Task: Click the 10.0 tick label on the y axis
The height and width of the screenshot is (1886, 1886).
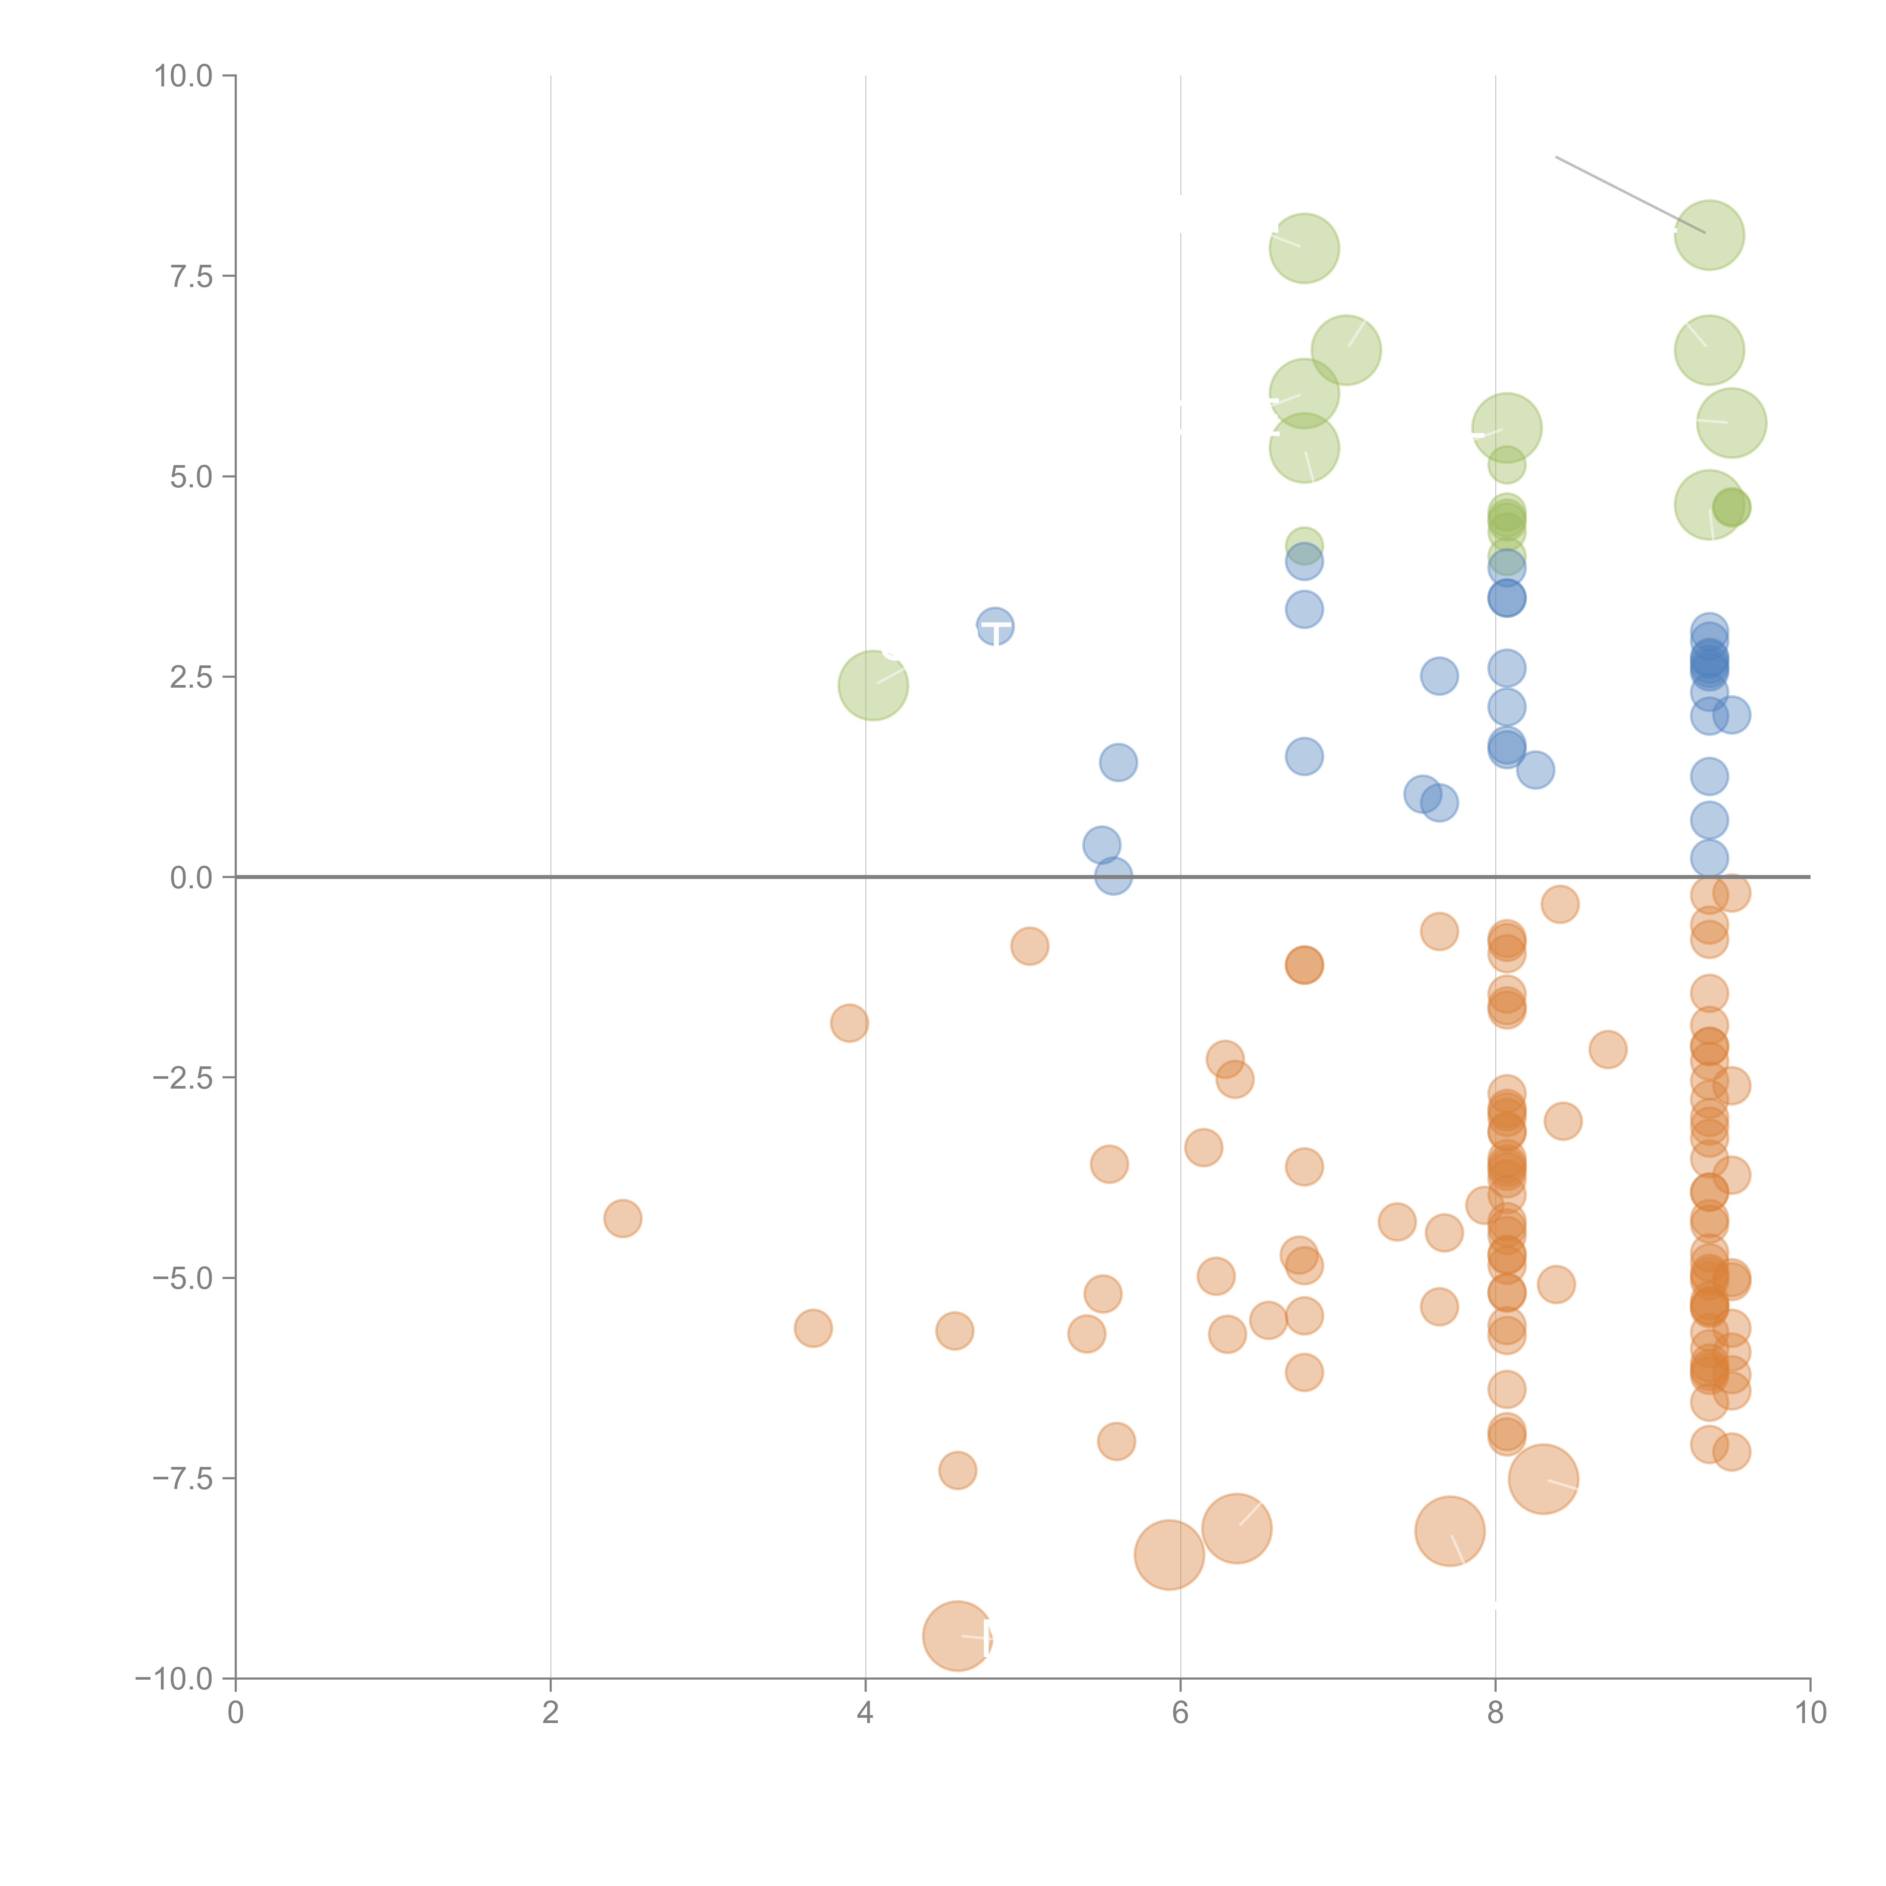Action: point(184,76)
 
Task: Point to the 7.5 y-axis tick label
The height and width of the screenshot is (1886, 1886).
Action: point(191,276)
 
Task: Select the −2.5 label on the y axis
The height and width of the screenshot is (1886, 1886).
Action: point(184,1078)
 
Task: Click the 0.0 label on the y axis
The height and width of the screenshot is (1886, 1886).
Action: point(191,878)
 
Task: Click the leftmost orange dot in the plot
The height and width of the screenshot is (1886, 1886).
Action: point(623,1218)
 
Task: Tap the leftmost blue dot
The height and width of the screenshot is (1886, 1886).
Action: point(995,626)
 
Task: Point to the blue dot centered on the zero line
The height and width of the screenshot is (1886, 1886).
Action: point(1113,877)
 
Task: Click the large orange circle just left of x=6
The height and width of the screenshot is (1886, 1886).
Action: point(1169,1554)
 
